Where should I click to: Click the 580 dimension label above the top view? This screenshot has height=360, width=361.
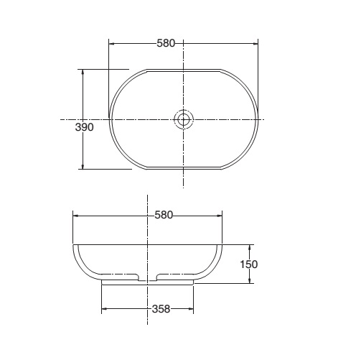[x=166, y=43]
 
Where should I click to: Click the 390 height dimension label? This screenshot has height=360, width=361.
[x=84, y=127]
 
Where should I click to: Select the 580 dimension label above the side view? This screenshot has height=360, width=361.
[x=164, y=215]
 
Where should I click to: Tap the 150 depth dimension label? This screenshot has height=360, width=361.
[x=249, y=264]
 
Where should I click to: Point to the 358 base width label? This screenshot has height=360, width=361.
[x=161, y=309]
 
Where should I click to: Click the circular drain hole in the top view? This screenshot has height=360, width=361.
[x=183, y=119]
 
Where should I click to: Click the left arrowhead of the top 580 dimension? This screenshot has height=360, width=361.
[x=112, y=44]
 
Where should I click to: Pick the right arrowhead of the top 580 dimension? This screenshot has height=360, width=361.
[x=255, y=44]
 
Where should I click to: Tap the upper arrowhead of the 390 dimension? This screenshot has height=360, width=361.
[x=83, y=73]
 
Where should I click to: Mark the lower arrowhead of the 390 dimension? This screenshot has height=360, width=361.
[x=83, y=166]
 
